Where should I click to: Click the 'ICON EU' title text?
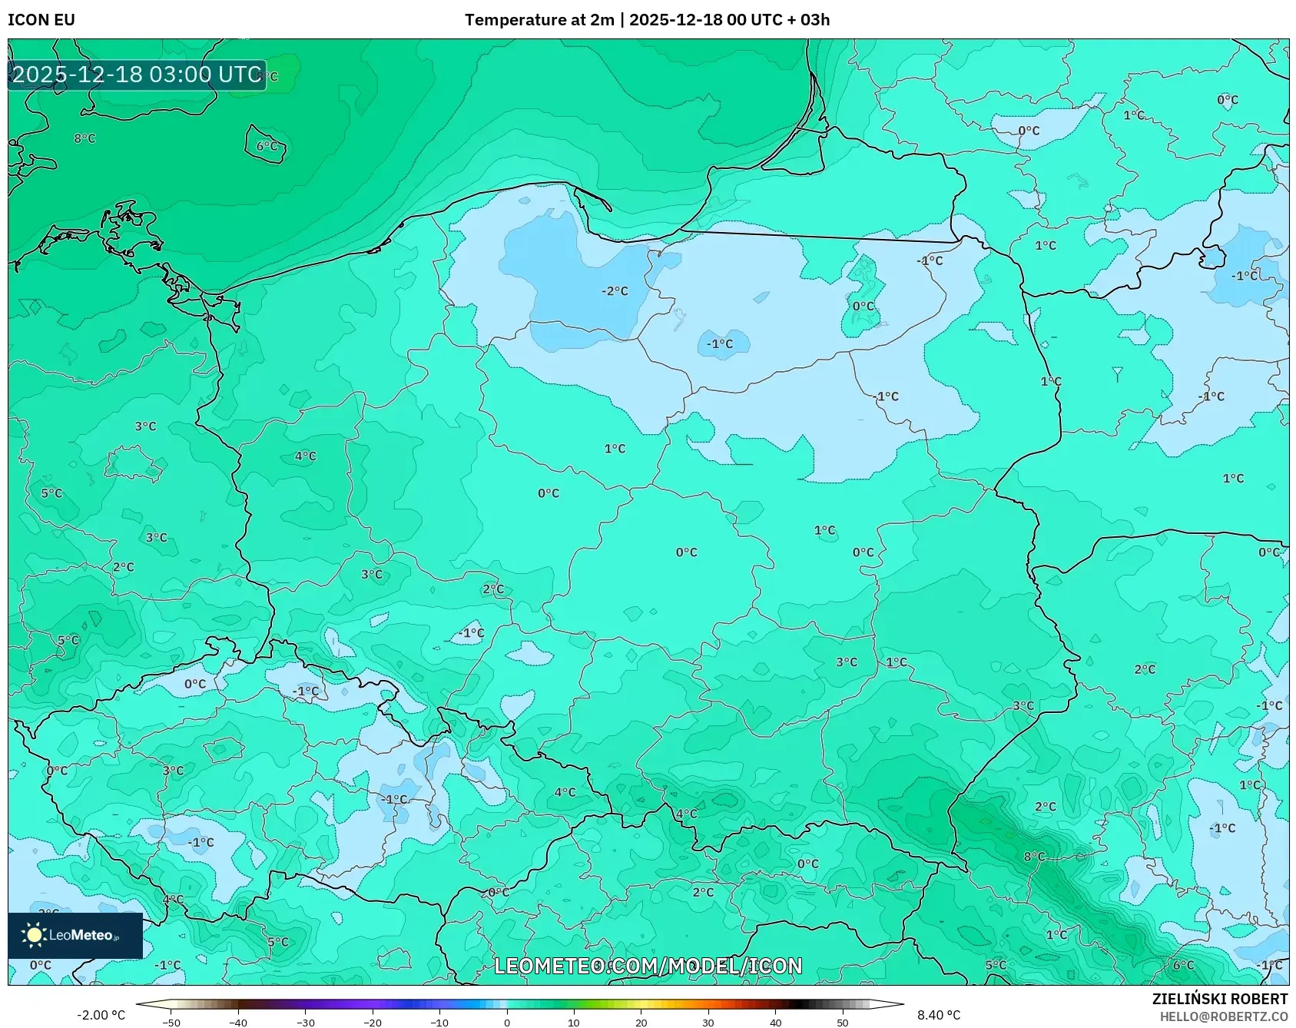tap(41, 20)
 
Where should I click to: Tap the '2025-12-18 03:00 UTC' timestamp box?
tap(137, 75)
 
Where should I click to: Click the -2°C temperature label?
tap(615, 291)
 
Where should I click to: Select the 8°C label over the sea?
tap(85, 138)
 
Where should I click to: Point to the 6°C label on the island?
tap(267, 146)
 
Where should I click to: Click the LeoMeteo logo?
tap(75, 935)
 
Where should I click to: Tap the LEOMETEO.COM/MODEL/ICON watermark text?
tap(648, 966)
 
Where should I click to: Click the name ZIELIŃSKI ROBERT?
tap(1219, 999)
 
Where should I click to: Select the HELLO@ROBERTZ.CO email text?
tap(1223, 1016)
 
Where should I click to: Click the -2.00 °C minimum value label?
tap(101, 1015)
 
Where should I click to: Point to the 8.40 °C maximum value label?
tap(938, 1015)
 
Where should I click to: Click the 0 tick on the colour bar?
tap(506, 1022)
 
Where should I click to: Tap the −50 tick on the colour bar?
tap(171, 1022)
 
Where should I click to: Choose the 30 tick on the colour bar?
tap(708, 1022)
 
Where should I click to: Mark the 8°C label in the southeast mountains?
tap(1034, 856)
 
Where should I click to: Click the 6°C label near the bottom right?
tap(1183, 965)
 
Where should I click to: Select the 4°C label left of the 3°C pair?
tap(305, 456)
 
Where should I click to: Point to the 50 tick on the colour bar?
tap(842, 1022)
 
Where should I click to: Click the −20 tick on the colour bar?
tap(373, 1022)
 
